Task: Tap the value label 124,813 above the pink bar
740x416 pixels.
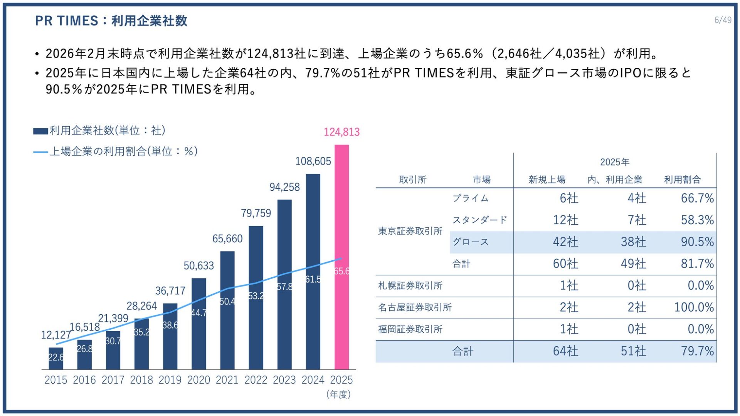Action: [x=341, y=132]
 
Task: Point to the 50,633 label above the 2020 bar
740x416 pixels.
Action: [x=198, y=266]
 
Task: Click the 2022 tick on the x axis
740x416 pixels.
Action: [x=256, y=380]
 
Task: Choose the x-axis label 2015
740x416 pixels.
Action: [x=56, y=380]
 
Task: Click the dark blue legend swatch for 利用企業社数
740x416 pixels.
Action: [x=40, y=131]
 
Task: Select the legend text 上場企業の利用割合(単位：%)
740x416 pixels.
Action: [x=124, y=151]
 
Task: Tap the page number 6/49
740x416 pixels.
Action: [x=723, y=20]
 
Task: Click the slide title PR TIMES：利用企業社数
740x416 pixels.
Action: [x=111, y=21]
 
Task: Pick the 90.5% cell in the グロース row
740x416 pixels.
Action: [x=697, y=242]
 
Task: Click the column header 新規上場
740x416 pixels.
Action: [x=547, y=179]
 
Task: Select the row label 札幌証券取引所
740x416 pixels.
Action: [x=410, y=286]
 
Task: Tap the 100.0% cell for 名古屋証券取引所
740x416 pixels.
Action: [x=694, y=307]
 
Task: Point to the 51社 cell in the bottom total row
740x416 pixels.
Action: [x=633, y=351]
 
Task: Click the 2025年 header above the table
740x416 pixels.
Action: [x=614, y=162]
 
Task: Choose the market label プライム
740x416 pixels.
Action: [x=470, y=198]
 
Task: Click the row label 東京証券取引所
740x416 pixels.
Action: [x=410, y=231]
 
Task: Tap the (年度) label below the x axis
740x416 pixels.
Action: [x=338, y=394]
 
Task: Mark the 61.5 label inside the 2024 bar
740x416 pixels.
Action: [x=313, y=279]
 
